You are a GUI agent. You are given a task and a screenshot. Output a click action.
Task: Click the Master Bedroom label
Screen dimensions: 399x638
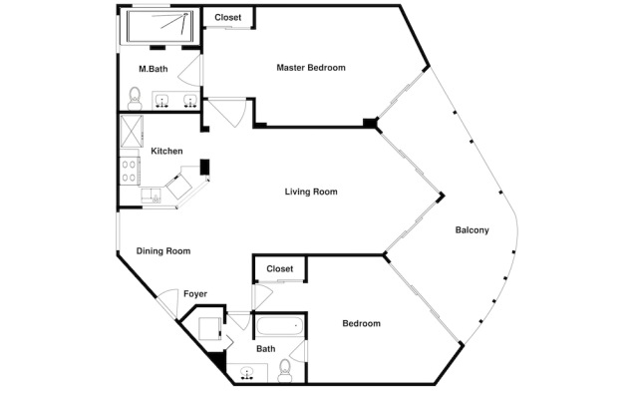pyautogui.click(x=310, y=68)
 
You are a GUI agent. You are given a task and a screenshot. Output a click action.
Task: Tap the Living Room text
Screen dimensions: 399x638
pyautogui.click(x=312, y=192)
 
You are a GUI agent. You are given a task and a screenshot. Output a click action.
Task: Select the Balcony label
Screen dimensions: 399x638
pyautogui.click(x=472, y=230)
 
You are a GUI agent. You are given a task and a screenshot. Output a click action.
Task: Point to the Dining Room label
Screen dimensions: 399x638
pyautogui.click(x=162, y=251)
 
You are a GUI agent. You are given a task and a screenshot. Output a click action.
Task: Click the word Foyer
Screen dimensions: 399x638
pyautogui.click(x=194, y=294)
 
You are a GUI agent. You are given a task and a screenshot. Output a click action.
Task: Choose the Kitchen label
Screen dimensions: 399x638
pyautogui.click(x=166, y=151)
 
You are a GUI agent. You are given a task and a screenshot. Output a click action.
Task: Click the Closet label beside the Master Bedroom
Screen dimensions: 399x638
pyautogui.click(x=227, y=17)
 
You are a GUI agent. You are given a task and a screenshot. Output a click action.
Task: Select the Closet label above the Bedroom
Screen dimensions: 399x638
pyautogui.click(x=279, y=269)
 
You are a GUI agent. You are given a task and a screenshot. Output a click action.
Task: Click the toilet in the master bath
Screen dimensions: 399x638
pyautogui.click(x=135, y=96)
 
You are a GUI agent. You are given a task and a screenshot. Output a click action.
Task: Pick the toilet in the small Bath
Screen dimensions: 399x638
pyautogui.click(x=285, y=368)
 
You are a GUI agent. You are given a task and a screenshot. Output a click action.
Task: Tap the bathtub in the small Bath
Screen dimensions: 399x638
pyautogui.click(x=278, y=326)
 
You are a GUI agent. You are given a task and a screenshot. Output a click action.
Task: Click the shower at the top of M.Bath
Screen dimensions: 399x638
pyautogui.click(x=159, y=27)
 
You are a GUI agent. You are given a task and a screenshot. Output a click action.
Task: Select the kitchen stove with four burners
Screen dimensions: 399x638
pyautogui.click(x=129, y=172)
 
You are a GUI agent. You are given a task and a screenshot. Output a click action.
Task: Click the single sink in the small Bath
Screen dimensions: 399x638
pyautogui.click(x=246, y=374)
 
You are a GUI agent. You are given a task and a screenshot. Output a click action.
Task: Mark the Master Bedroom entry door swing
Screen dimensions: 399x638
pyautogui.click(x=228, y=112)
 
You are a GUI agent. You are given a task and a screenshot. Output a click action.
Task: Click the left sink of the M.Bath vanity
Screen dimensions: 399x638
pyautogui.click(x=162, y=101)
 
